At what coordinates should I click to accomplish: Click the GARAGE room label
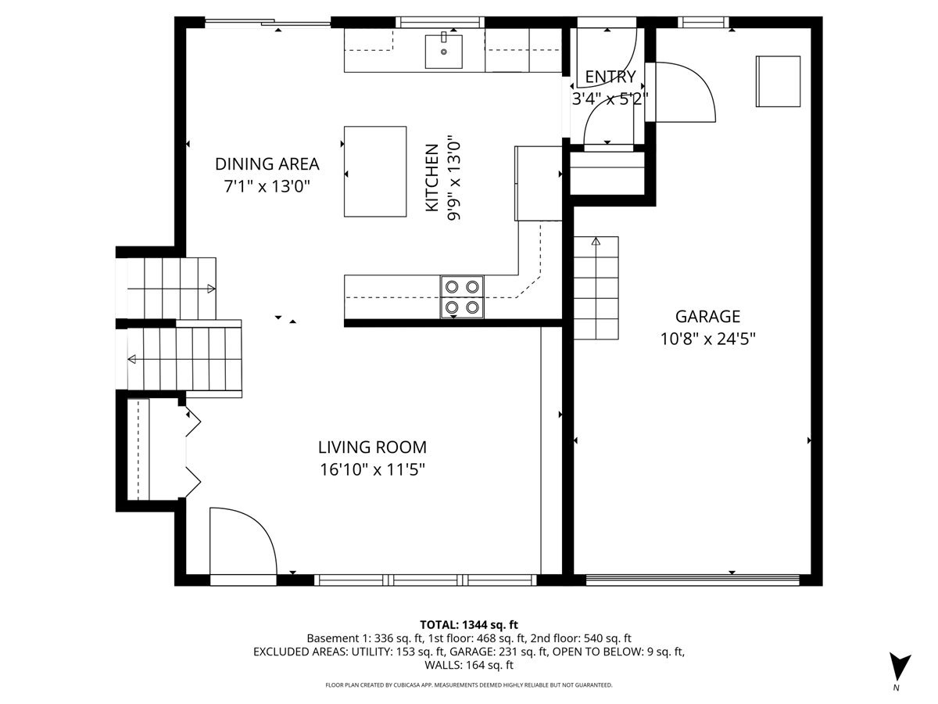[707, 317]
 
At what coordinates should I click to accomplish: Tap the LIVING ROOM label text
[372, 447]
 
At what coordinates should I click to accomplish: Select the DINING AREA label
[267, 164]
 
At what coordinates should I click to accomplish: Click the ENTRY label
[610, 77]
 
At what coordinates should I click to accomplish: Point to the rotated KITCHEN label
[431, 178]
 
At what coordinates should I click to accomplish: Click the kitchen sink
[443, 52]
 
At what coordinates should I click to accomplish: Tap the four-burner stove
[462, 297]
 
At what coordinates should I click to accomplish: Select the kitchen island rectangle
[375, 171]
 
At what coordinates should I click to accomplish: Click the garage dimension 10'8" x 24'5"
[707, 339]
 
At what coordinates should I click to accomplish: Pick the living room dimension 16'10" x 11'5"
[372, 469]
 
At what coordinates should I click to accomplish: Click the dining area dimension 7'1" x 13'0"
[267, 186]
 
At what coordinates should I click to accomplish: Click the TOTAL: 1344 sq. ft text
[469, 624]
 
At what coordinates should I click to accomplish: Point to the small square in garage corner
[778, 81]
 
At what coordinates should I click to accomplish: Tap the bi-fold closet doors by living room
[192, 451]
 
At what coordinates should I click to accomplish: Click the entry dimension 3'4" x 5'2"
[610, 99]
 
